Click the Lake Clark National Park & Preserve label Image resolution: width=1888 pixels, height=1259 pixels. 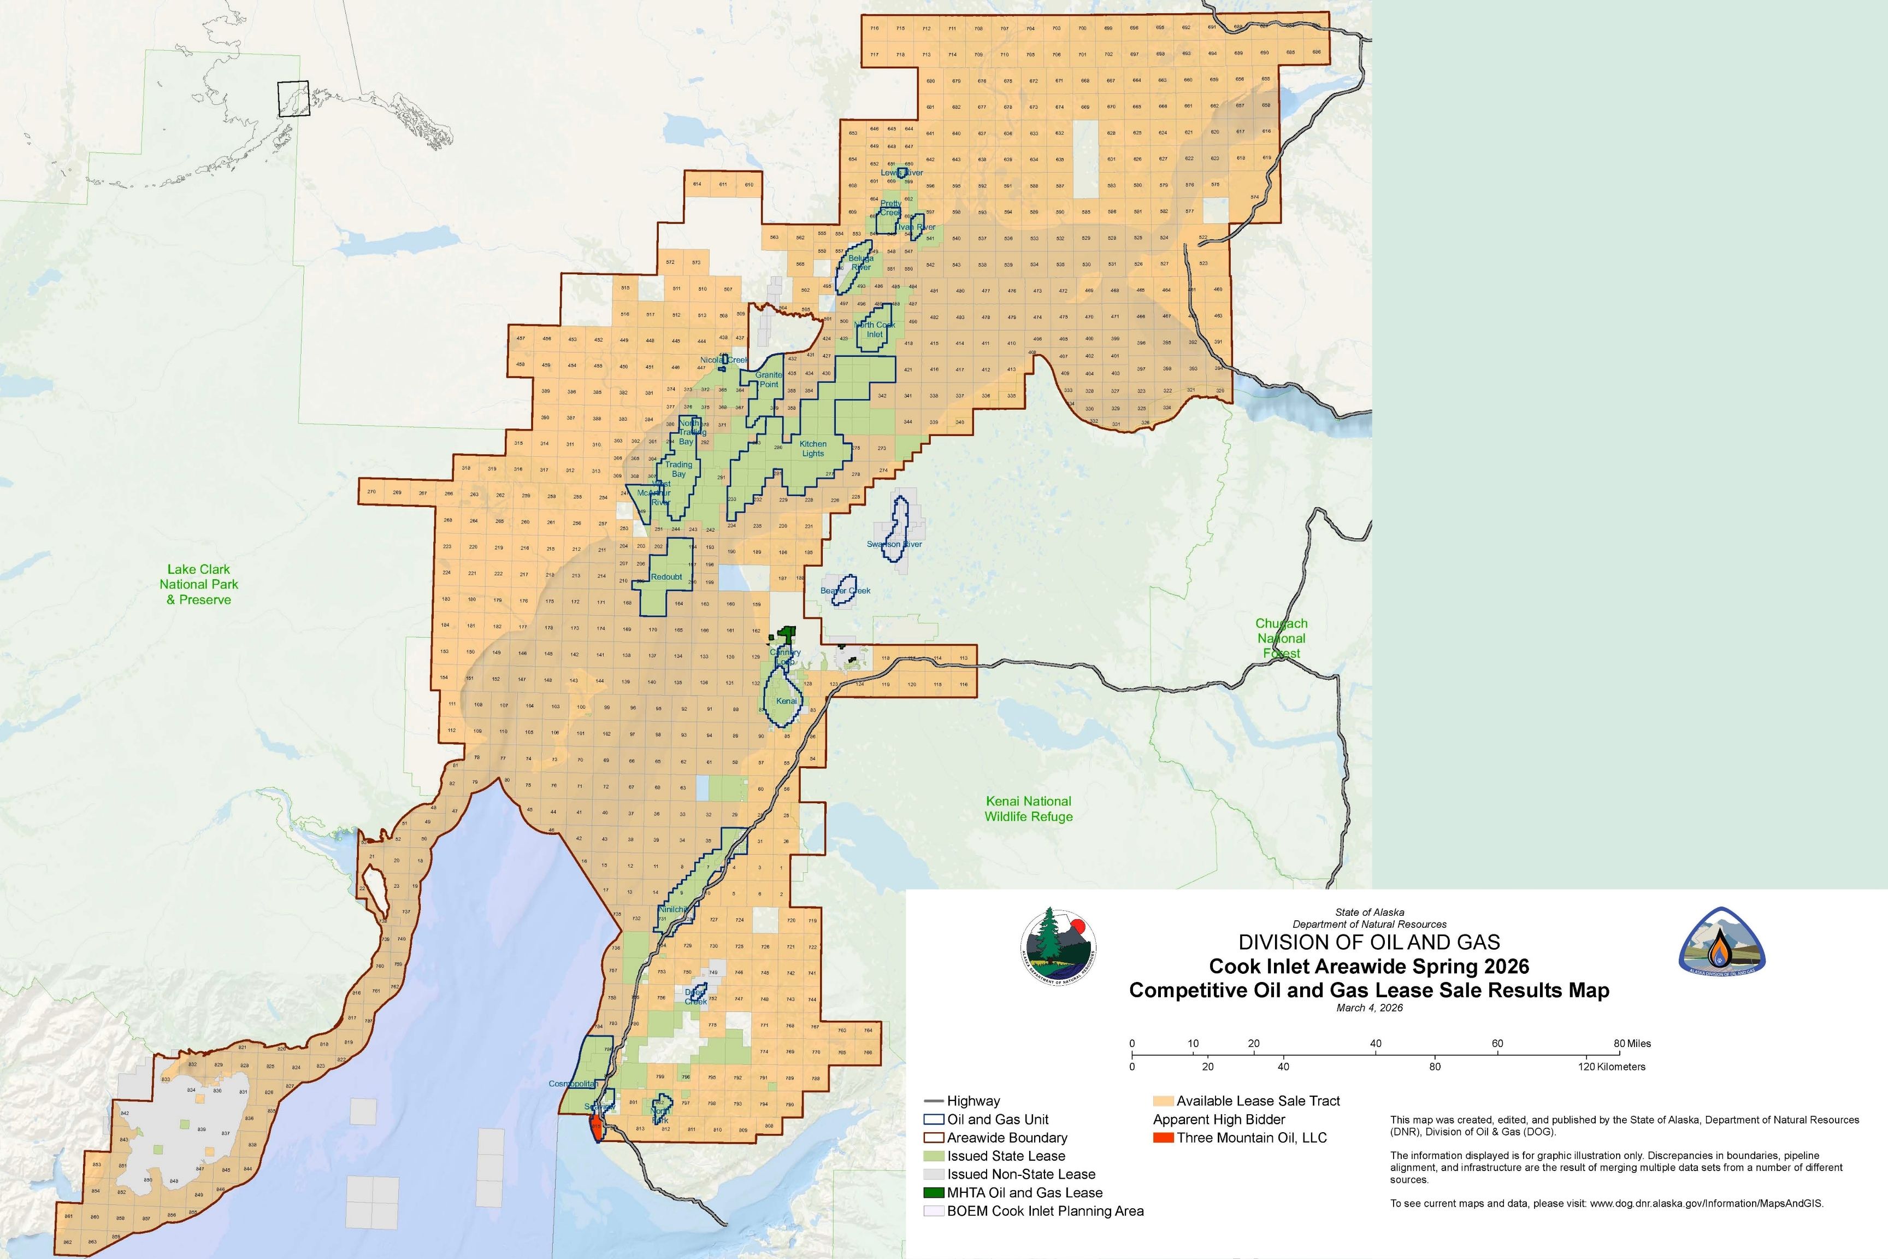click(198, 585)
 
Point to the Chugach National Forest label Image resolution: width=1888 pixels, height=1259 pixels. click(1281, 638)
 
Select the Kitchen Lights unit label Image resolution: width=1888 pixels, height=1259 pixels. click(812, 449)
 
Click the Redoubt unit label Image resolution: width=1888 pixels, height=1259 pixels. click(666, 576)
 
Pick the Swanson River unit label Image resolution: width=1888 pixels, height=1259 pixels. click(894, 544)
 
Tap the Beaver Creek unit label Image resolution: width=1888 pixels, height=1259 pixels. click(845, 591)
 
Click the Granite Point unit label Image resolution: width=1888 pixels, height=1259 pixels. click(768, 380)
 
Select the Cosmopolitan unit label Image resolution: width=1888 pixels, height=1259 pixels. click(573, 1084)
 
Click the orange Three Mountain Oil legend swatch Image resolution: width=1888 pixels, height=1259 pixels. click(1163, 1138)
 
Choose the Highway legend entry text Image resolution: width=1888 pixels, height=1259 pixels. click(973, 1101)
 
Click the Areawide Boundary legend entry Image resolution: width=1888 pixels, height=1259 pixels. click(1007, 1138)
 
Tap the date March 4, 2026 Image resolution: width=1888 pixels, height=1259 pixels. click(1370, 1008)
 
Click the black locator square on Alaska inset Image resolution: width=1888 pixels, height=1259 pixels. click(293, 99)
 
